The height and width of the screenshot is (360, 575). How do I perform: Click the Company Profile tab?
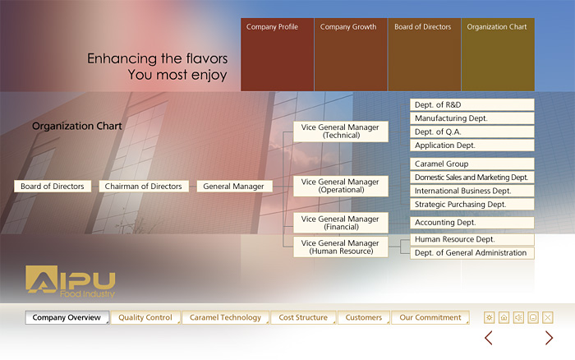(278, 54)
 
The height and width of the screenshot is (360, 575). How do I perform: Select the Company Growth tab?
(351, 54)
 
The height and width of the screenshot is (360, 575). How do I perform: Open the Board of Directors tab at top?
(425, 54)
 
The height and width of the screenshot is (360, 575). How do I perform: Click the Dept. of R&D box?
(472, 104)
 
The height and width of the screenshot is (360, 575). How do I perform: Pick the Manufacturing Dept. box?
(472, 118)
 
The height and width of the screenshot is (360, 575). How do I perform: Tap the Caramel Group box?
(472, 164)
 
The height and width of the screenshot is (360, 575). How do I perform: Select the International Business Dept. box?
(472, 191)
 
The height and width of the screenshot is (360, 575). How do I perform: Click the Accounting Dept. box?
(472, 223)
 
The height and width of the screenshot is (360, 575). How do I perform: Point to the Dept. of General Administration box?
(472, 253)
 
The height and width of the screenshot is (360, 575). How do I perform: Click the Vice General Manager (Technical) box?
(341, 132)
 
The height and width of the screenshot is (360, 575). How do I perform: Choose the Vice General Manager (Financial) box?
(341, 223)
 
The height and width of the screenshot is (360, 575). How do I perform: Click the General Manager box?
(235, 186)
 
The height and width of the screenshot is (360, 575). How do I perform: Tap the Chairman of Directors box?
(144, 186)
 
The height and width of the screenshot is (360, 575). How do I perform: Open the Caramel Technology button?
(226, 317)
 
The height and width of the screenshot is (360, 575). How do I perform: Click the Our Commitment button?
(430, 317)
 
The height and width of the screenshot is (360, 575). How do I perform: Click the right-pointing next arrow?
(549, 338)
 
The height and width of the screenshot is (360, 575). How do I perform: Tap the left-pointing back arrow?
(489, 338)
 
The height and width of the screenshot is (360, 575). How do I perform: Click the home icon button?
(504, 317)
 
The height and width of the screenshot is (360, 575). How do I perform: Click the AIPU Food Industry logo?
(71, 281)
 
